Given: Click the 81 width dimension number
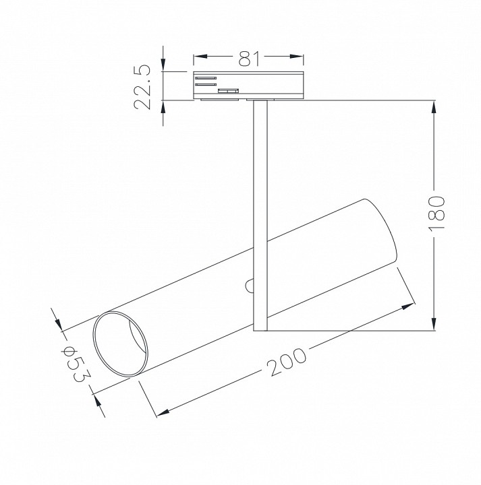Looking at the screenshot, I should pyautogui.click(x=249, y=59).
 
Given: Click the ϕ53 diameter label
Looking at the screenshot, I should pyautogui.click(x=74, y=364).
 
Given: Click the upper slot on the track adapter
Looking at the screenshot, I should pyautogui.click(x=206, y=77).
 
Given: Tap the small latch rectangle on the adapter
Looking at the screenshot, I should pyautogui.click(x=227, y=90).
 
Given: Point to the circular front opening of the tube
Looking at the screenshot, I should pyautogui.click(x=120, y=343).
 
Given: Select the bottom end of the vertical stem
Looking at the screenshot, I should pyautogui.click(x=260, y=329).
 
